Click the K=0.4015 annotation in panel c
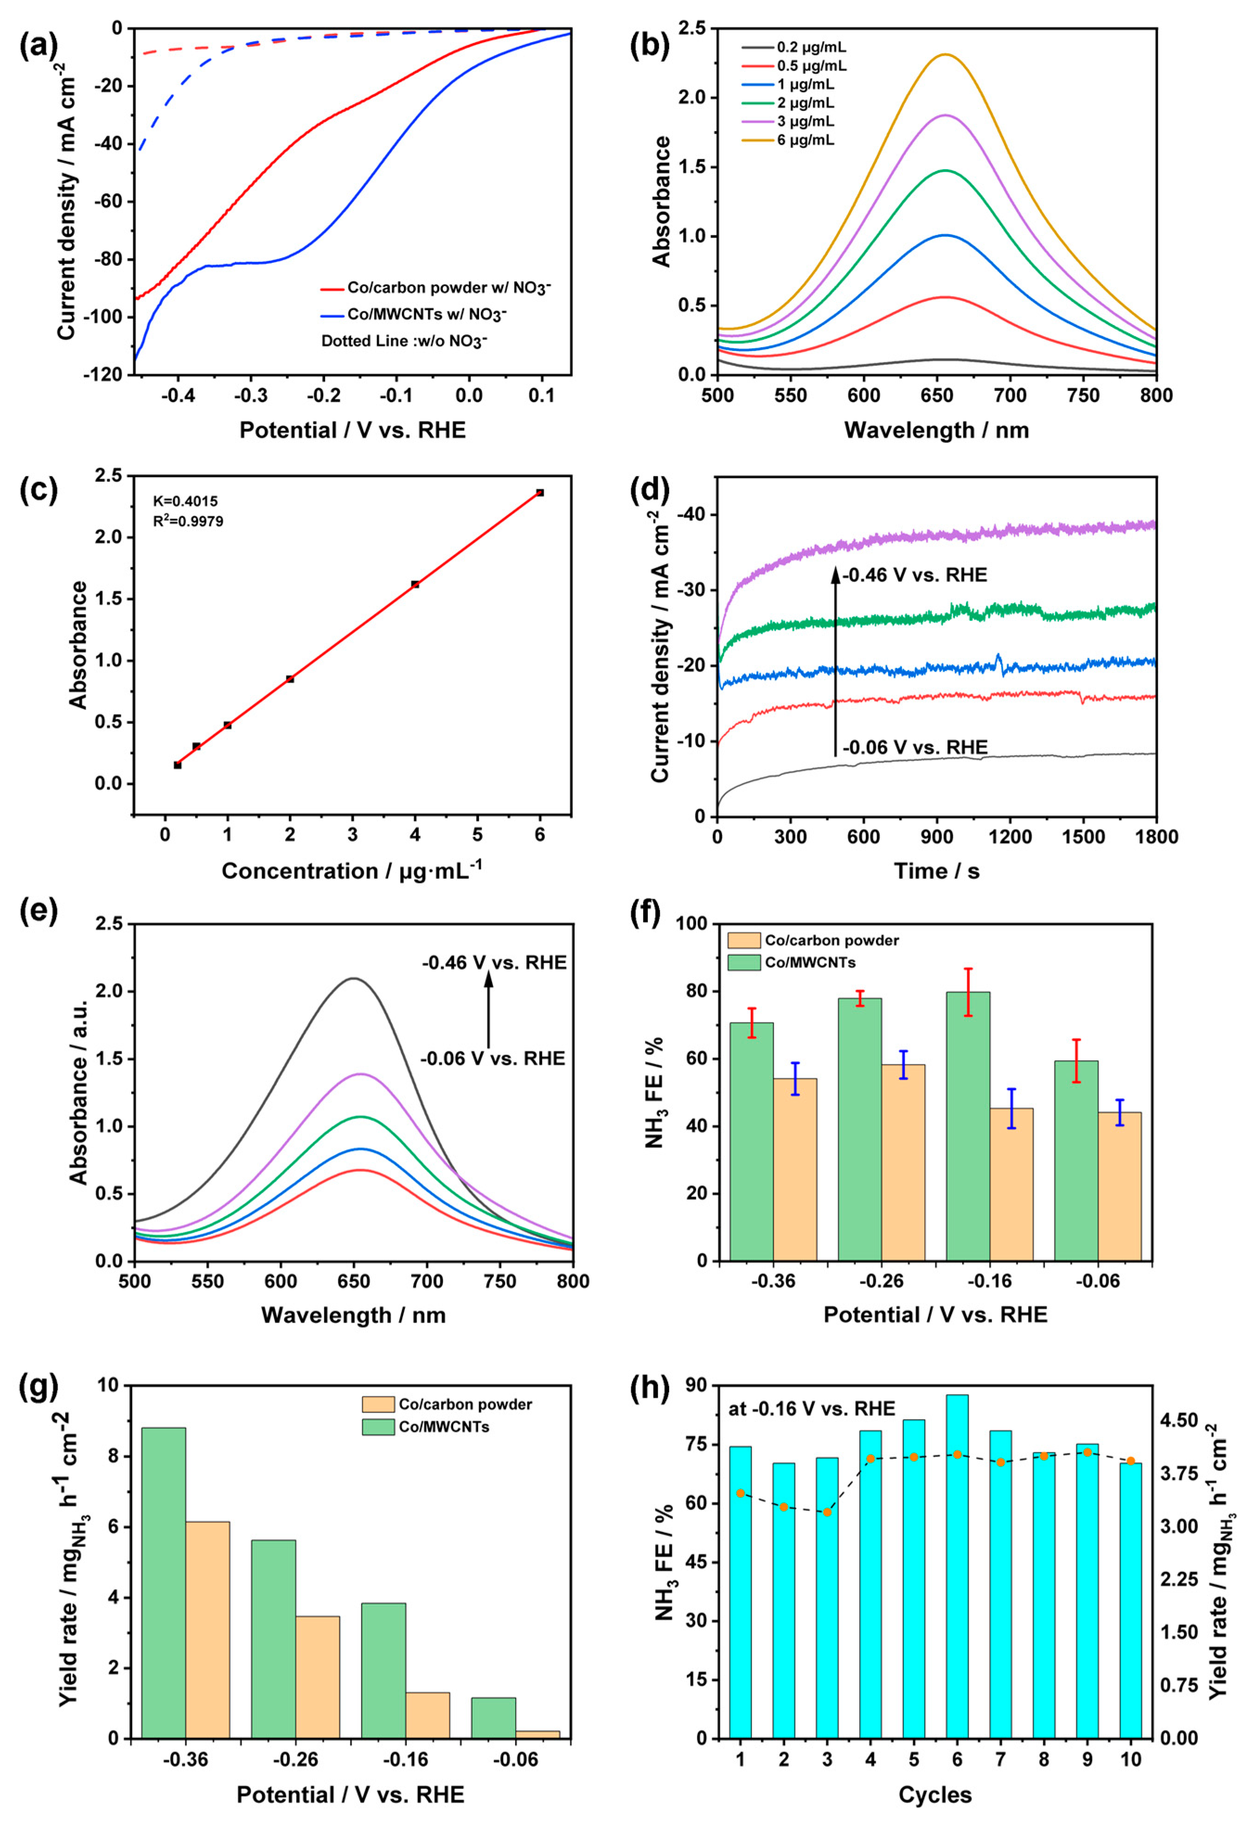click(x=185, y=501)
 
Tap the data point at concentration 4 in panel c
click(x=415, y=584)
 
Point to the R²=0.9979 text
click(x=188, y=521)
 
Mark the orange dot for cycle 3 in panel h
click(x=827, y=1512)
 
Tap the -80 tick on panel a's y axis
click(x=109, y=259)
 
